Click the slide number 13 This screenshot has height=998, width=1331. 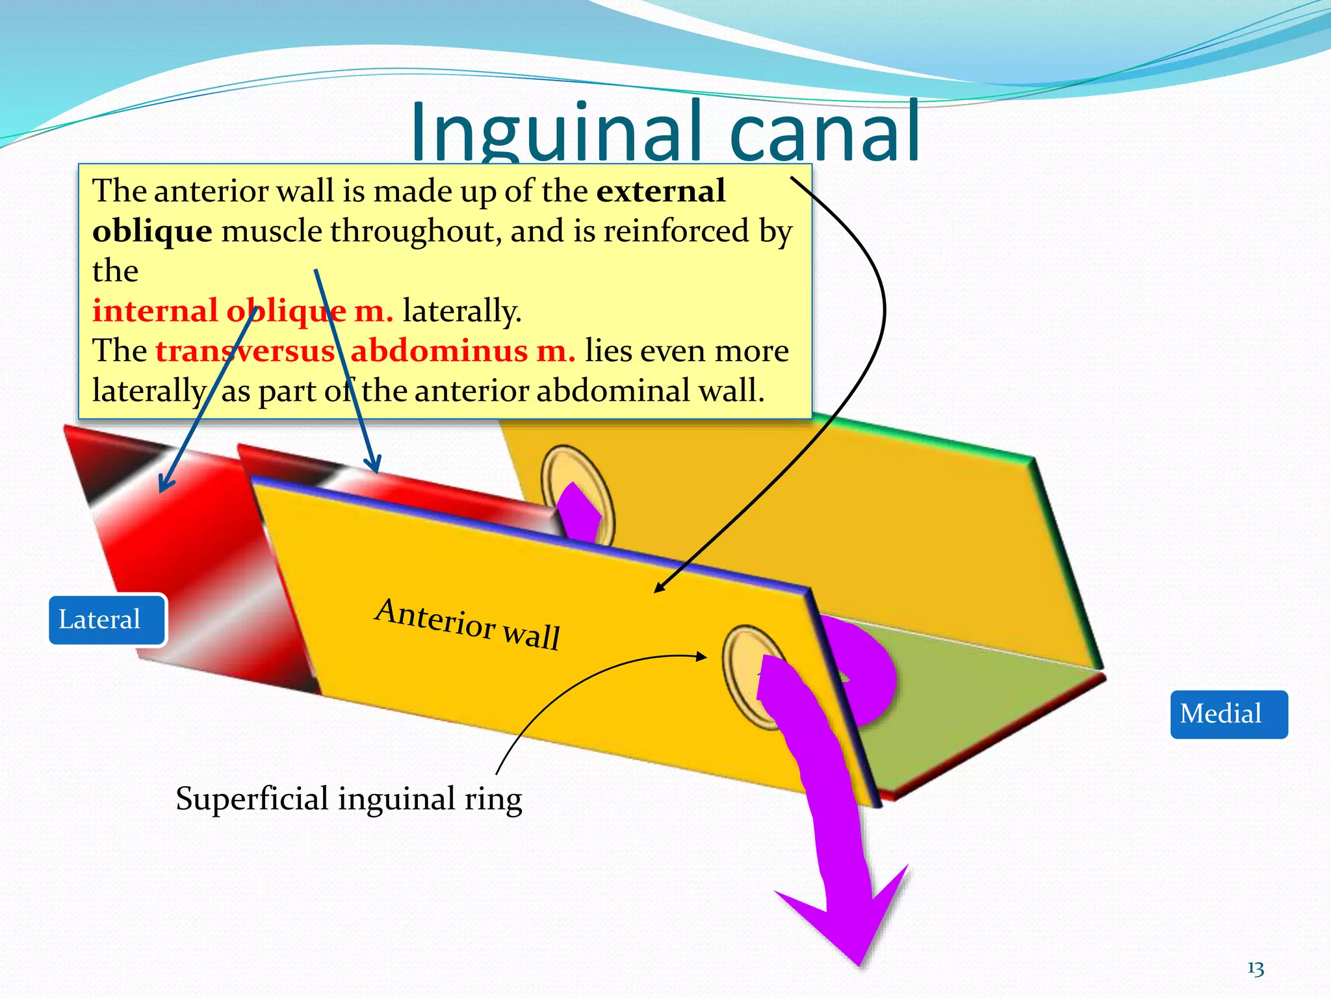1256,969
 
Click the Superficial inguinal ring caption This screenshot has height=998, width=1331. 349,799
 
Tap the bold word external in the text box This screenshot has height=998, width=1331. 660,191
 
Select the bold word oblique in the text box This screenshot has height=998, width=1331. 152,231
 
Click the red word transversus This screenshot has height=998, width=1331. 245,352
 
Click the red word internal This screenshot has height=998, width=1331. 155,311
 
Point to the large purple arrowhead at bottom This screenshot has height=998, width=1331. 851,923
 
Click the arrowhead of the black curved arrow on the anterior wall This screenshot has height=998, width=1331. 660,587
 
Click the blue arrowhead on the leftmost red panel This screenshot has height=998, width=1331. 166,485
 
